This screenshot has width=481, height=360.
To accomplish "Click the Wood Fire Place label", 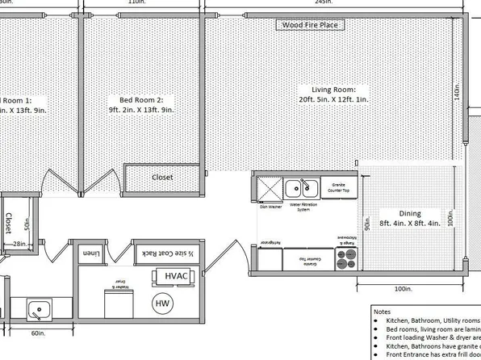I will (310, 25).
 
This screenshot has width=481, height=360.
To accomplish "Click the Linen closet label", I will (91, 253).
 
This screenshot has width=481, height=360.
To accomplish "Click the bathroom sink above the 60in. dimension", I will (37, 309).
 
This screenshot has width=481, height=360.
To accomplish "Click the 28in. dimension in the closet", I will (20, 243).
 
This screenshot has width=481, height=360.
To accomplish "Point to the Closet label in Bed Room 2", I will (162, 177).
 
